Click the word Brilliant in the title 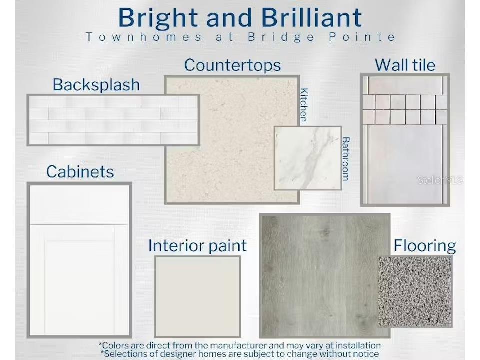[x=311, y=18]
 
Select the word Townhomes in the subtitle [x=144, y=37]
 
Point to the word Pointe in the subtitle [x=362, y=37]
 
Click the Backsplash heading [x=96, y=85]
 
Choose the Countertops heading [x=232, y=65]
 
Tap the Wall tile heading [x=405, y=65]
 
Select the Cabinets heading [x=80, y=172]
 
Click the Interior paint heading [x=198, y=246]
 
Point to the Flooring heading [x=425, y=246]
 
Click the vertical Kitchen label [x=303, y=105]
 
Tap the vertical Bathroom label [x=346, y=159]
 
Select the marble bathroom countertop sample [x=308, y=158]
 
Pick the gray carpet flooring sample [x=415, y=291]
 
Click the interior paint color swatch [x=198, y=296]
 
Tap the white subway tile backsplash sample [x=113, y=120]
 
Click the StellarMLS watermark [x=440, y=180]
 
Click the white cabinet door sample [x=79, y=260]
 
